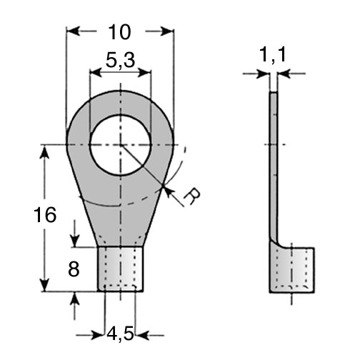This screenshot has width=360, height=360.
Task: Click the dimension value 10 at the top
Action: pos(119,32)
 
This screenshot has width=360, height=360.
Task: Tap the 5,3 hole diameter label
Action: pos(120,60)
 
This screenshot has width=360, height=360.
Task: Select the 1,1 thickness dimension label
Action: pos(274,55)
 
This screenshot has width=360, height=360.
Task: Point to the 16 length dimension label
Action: pos(45,215)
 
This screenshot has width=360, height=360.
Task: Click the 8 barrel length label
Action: pos(74,269)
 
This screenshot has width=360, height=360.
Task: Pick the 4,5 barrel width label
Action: pos(120,334)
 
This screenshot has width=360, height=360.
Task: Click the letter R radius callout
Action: pos(192,196)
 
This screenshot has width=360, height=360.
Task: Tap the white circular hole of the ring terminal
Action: pos(121,145)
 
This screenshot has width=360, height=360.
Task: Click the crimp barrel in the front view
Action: pos(121,269)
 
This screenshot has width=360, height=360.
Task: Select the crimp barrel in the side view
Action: pos(292,270)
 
